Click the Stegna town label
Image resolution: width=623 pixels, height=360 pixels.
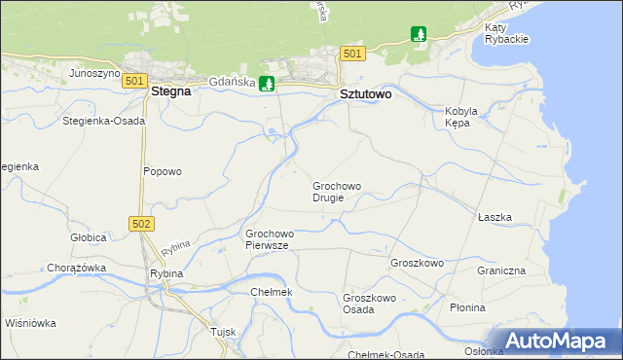pos(170,92)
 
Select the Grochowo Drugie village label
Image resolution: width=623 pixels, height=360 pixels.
pos(337,192)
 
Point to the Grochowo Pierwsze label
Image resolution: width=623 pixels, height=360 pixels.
pos(270,240)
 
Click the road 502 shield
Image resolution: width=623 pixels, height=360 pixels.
pos(141,224)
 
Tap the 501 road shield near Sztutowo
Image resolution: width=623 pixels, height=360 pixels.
pos(352,54)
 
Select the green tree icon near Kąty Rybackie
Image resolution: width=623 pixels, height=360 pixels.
pos(419,36)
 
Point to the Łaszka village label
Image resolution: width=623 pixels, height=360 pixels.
pos(495,218)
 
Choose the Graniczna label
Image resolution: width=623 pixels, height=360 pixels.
pos(501,270)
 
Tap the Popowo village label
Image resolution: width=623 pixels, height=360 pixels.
pos(163,172)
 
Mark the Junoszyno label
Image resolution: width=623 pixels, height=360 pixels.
pos(94,73)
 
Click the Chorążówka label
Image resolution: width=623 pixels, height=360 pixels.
pos(76,268)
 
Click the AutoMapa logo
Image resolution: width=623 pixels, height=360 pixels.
pos(558,342)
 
